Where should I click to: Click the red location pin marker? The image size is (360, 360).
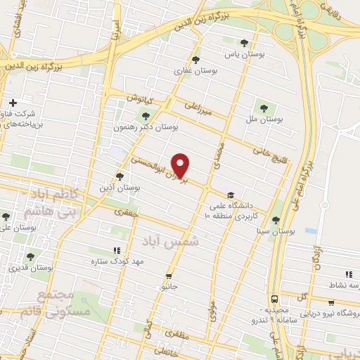pyautogui.click(x=181, y=165)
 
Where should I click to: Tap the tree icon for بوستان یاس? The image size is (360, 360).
pyautogui.click(x=244, y=41)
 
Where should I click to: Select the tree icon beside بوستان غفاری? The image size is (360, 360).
pyautogui.click(x=195, y=60)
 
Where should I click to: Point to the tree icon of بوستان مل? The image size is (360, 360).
pyautogui.click(x=264, y=108)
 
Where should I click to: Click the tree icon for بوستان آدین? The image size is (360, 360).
pyautogui.click(x=120, y=176)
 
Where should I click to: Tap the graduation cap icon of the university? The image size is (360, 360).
pyautogui.click(x=230, y=195)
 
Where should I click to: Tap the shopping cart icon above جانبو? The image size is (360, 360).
pyautogui.click(x=168, y=276)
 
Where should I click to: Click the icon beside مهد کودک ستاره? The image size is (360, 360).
pyautogui.click(x=116, y=250)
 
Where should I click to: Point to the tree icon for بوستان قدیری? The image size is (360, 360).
pyautogui.click(x=30, y=257)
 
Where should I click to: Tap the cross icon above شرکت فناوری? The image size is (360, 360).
pyautogui.click(x=13, y=103)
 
